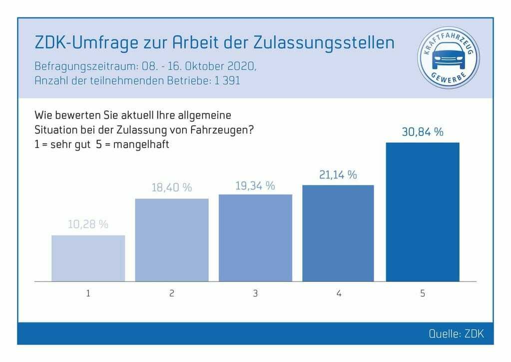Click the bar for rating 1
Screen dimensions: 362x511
(88, 258)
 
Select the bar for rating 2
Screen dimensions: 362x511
(172, 239)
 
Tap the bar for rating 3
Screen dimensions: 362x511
(255, 237)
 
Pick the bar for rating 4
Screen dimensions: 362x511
(339, 233)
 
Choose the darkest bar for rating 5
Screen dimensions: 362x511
(423, 211)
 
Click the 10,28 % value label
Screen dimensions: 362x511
(88, 224)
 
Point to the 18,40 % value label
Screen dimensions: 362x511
(172, 188)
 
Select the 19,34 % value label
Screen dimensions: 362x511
(255, 185)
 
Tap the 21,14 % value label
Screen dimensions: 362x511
(339, 175)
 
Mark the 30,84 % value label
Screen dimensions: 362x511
(423, 132)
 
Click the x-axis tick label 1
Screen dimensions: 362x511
(88, 293)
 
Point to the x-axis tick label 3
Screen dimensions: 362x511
(255, 293)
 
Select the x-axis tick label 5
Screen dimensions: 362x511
(423, 293)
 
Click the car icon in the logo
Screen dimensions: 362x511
(447, 59)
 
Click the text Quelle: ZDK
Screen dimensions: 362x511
(456, 334)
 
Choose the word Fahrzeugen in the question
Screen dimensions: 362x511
(218, 130)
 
